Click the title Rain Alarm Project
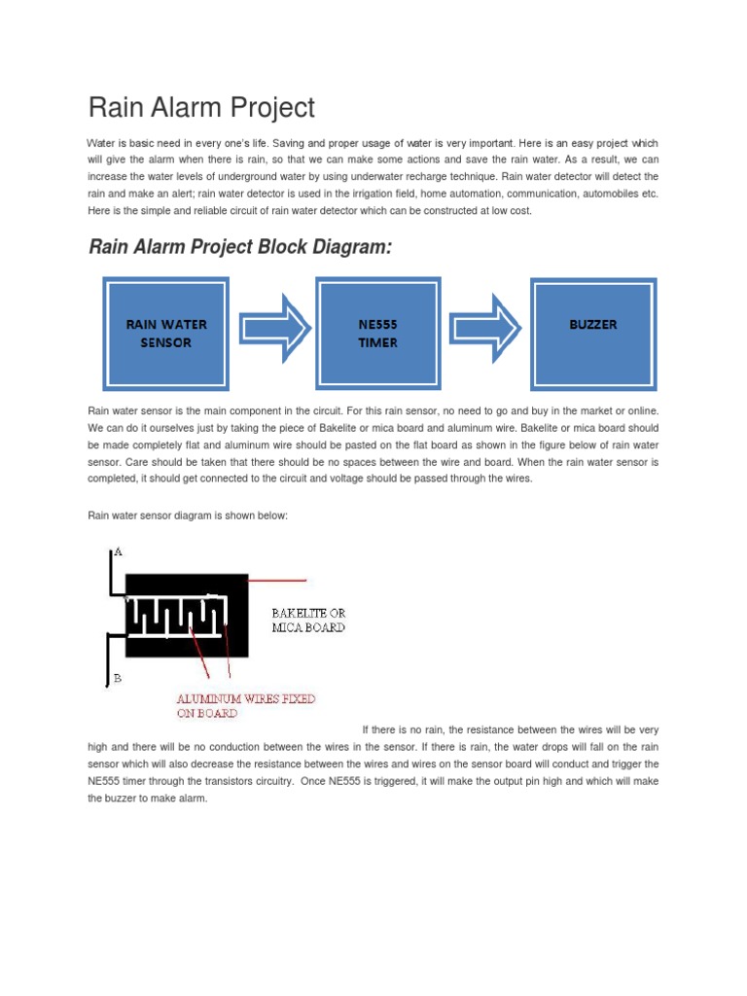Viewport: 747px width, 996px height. [x=201, y=108]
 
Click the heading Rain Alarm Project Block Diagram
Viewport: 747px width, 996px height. [x=240, y=247]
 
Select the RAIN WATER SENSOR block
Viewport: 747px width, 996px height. [x=166, y=333]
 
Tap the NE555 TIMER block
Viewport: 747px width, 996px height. [x=377, y=333]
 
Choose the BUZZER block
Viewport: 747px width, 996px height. [x=592, y=333]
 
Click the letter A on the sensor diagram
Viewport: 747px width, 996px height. [x=119, y=551]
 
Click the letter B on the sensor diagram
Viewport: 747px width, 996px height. [x=118, y=679]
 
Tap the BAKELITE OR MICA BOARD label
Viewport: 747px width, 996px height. [x=307, y=621]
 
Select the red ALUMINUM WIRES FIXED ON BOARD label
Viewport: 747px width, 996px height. [x=245, y=706]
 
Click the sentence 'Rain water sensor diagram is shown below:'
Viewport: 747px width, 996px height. [x=188, y=516]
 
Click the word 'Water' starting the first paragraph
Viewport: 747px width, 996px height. [x=102, y=143]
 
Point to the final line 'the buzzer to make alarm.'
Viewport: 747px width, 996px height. [x=148, y=799]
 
